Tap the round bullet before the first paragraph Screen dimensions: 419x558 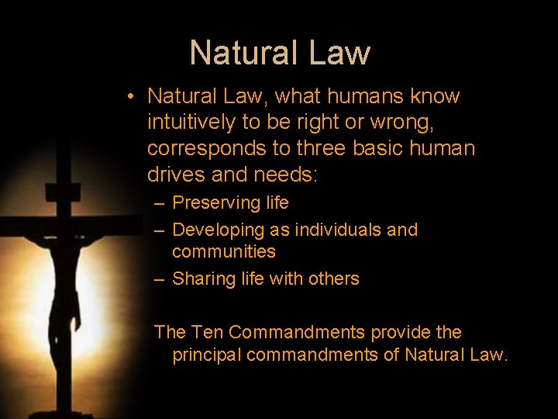pos(133,97)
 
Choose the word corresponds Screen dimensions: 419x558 pos(205,148)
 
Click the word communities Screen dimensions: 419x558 pos(223,251)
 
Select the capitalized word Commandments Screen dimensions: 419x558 pos(297,333)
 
